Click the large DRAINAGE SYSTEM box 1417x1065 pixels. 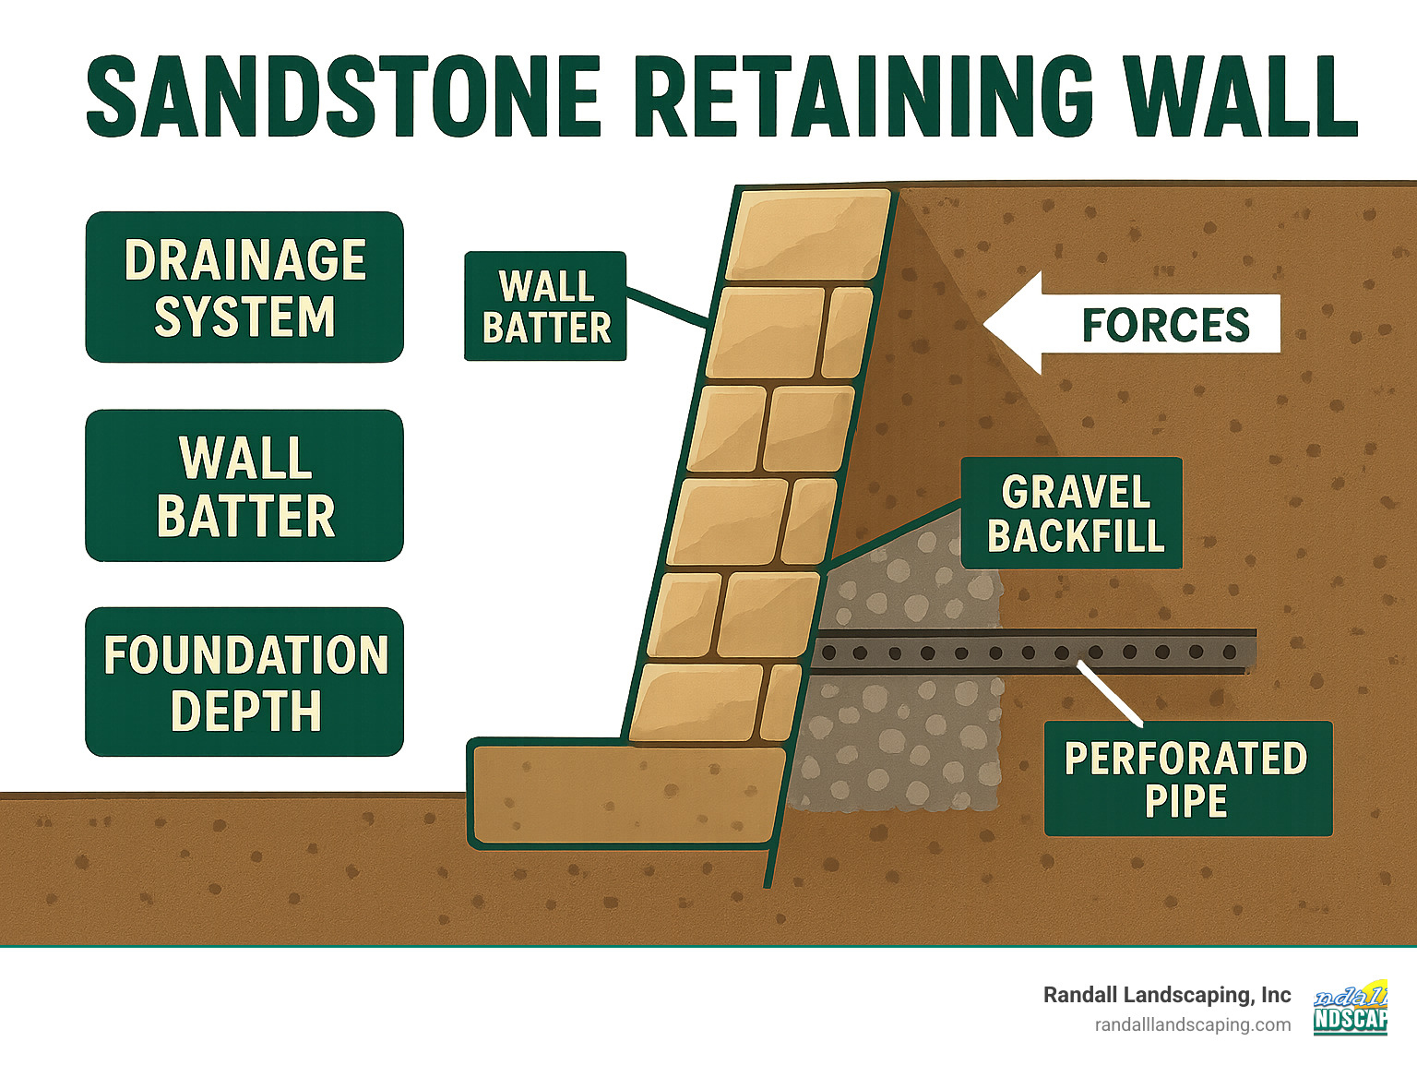point(244,287)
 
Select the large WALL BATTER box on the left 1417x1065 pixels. point(244,485)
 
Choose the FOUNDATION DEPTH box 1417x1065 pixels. point(244,682)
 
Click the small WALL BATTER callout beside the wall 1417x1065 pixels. point(545,306)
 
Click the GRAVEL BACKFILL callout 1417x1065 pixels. point(1072,513)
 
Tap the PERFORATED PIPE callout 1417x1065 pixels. point(1187,779)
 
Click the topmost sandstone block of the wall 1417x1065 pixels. point(809,234)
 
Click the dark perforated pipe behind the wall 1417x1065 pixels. point(1033,652)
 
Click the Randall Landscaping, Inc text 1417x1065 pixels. point(1166,995)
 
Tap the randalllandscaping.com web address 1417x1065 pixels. point(1192,1024)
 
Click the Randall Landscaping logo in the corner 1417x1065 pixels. point(1351,1008)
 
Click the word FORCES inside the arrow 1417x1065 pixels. point(1165,325)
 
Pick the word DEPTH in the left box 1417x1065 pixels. point(245,711)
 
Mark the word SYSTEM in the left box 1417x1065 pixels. point(244,317)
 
